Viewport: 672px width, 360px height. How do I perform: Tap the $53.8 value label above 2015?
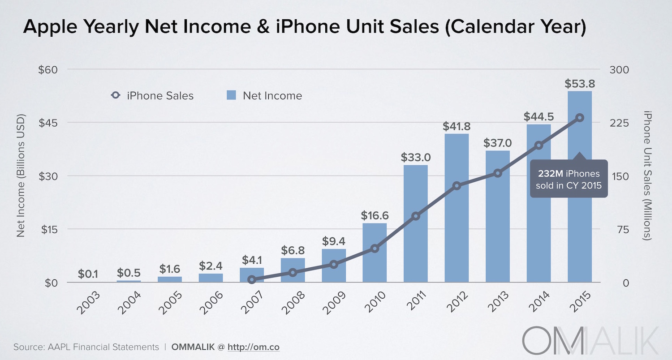580,84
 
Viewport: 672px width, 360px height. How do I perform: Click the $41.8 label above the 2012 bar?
457,126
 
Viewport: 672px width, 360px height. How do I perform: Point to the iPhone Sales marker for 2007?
252,279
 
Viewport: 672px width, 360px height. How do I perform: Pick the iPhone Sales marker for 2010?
375,249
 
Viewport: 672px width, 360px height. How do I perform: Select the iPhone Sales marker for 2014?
539,145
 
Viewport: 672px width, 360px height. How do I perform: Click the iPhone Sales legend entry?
152,95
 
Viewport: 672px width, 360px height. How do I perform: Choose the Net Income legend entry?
264,95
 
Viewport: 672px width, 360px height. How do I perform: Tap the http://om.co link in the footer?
254,347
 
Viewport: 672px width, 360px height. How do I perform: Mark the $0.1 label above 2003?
88,273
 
